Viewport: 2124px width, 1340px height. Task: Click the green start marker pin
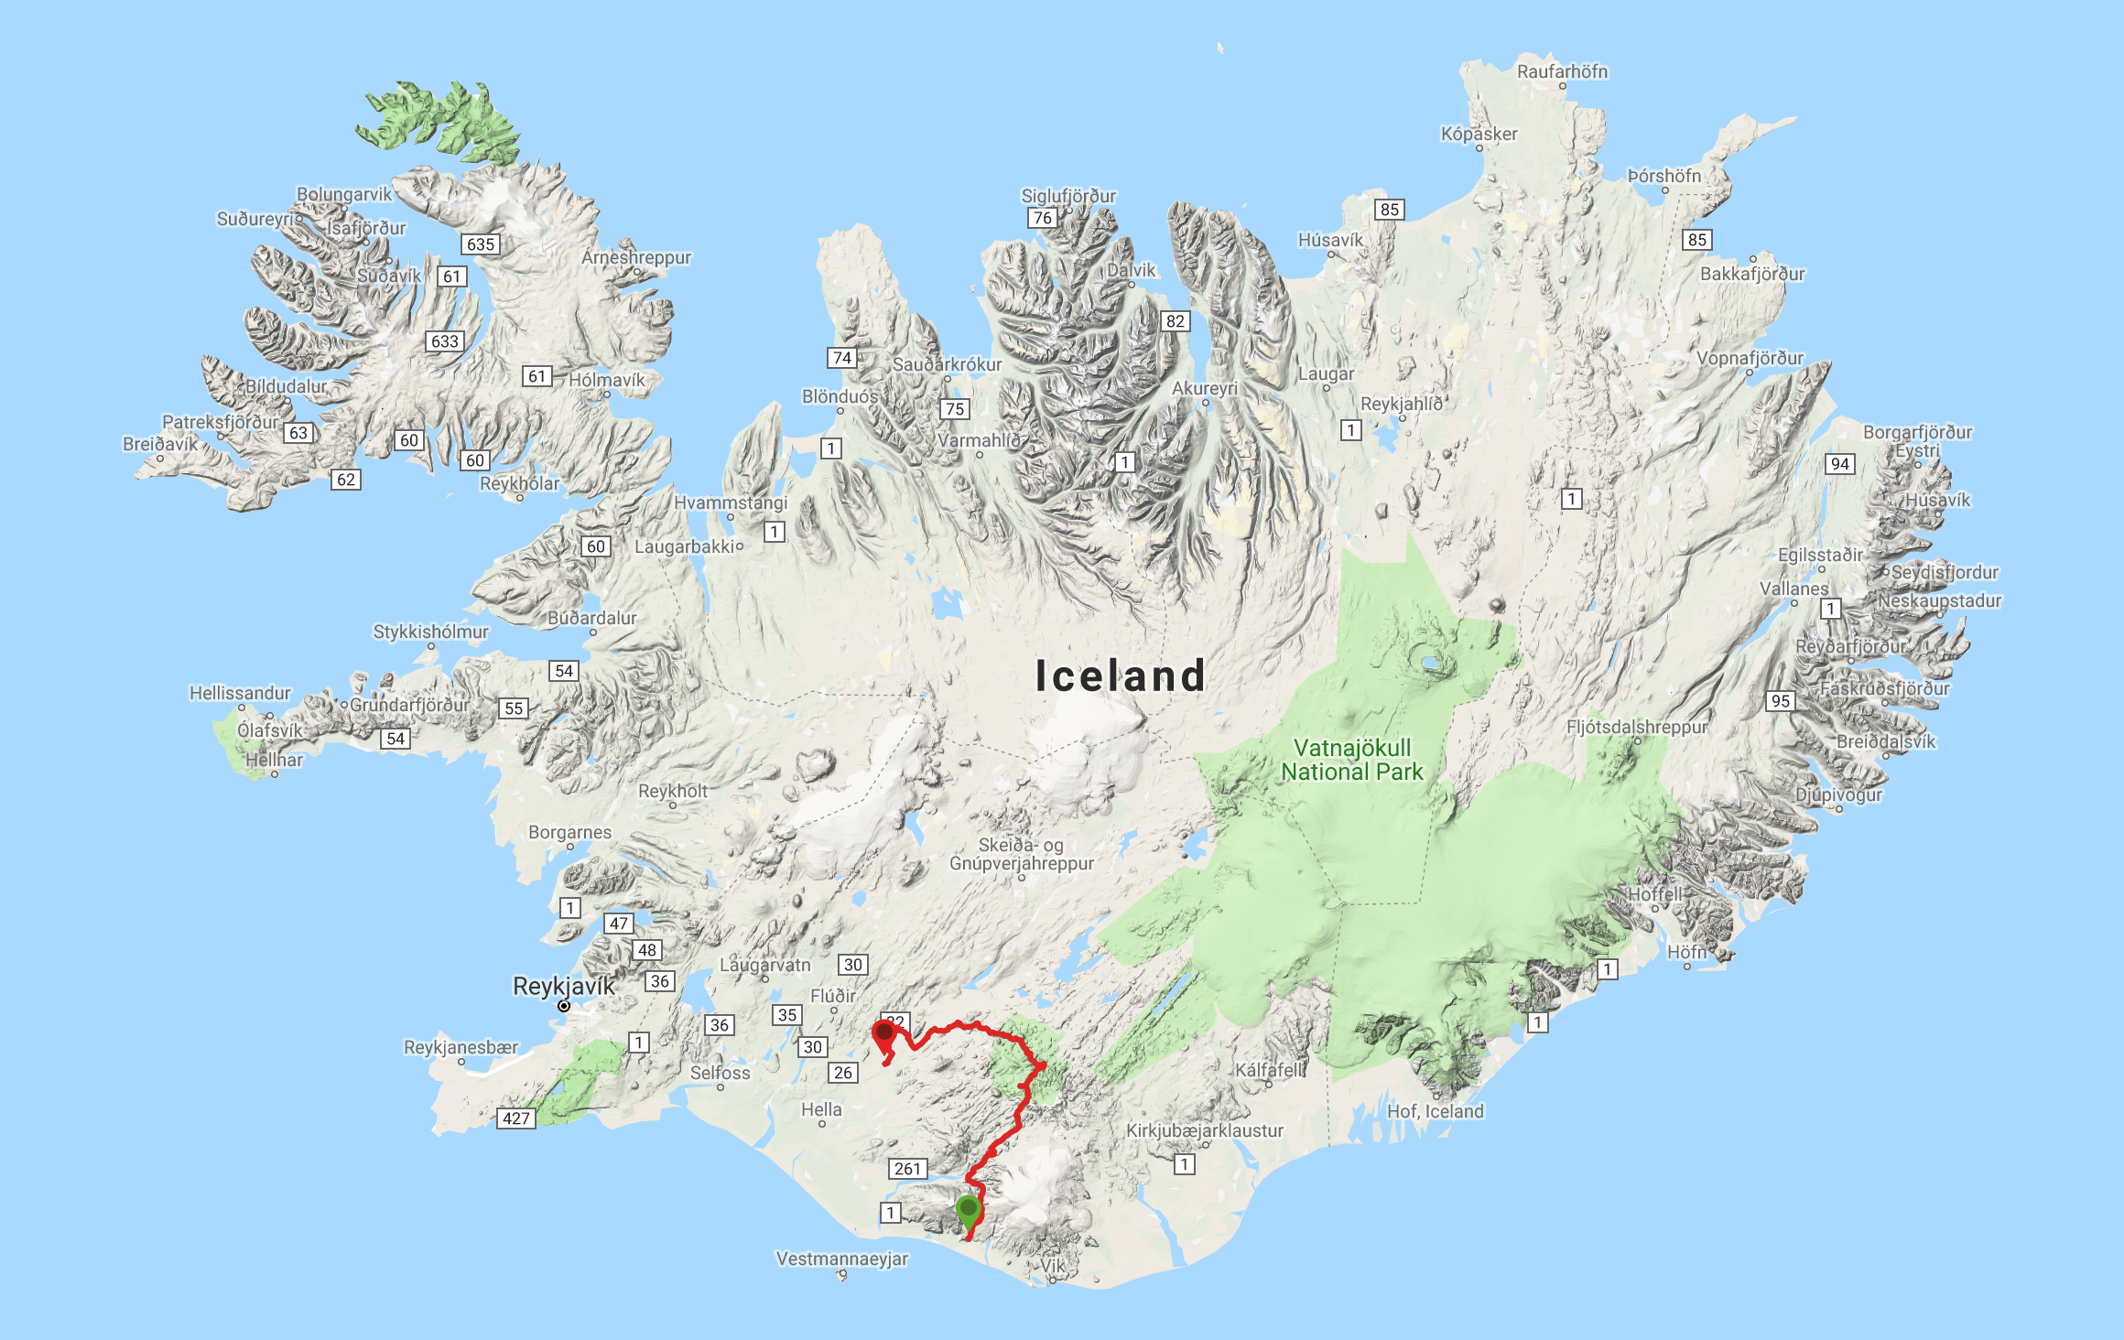point(968,1211)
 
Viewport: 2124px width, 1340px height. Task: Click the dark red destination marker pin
point(883,1033)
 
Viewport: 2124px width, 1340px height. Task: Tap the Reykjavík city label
point(563,986)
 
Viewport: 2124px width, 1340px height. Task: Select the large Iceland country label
point(1120,675)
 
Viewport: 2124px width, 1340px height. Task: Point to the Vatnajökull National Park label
point(1352,760)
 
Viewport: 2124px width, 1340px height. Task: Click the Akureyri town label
point(1204,388)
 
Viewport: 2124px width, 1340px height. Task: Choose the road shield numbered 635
point(481,244)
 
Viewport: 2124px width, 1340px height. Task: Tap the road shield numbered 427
point(516,1118)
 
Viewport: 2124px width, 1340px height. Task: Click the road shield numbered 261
point(907,1169)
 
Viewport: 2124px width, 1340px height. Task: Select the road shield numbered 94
point(1840,464)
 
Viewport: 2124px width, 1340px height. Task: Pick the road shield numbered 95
point(1781,701)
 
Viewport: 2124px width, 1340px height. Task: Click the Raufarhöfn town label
point(1562,71)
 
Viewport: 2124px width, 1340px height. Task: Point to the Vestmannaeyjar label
point(842,1259)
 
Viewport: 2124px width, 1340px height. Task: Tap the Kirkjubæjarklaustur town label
point(1204,1130)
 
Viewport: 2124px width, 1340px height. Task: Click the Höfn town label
point(1686,952)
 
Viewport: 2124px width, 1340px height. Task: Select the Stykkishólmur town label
point(430,632)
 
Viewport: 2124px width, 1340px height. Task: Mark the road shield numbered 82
point(1176,321)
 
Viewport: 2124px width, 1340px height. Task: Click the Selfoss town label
point(720,1073)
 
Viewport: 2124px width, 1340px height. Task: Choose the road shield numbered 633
point(445,341)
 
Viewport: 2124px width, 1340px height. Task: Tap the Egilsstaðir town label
point(1820,555)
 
